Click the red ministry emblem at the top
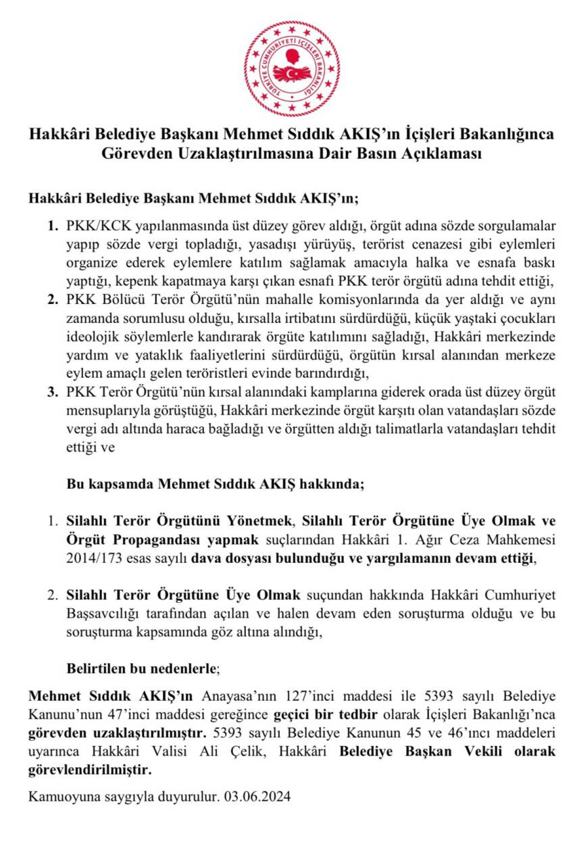coord(292,68)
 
